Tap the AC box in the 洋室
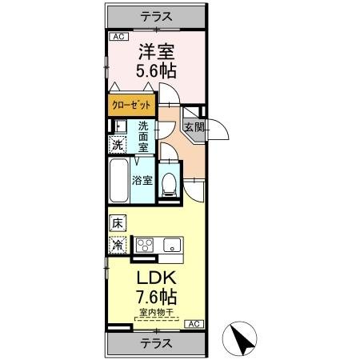pos(118,37)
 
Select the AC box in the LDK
pos(193,323)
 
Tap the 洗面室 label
pos(143,137)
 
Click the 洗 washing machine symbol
pos(117,146)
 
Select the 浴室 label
pos(142,180)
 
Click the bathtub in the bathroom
pos(118,180)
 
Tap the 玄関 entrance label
pos(194,126)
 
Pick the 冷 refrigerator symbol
pos(117,246)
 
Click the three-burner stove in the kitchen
pos(145,246)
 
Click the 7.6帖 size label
pos(155,300)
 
